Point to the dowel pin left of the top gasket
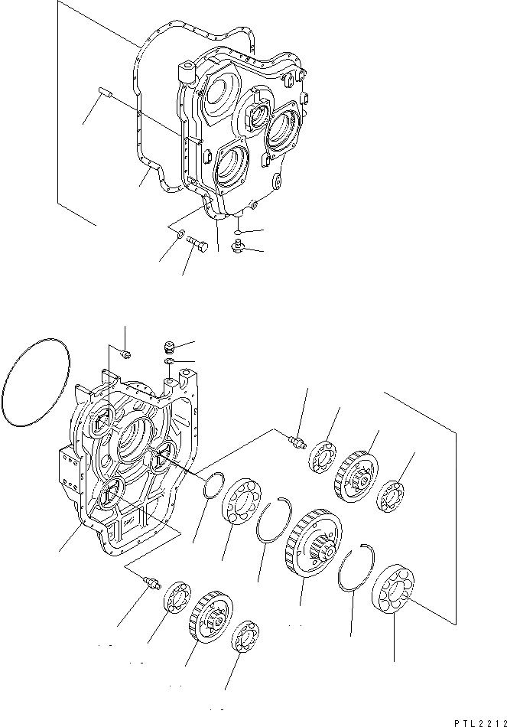106,94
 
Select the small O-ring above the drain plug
239,229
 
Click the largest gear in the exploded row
313,543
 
